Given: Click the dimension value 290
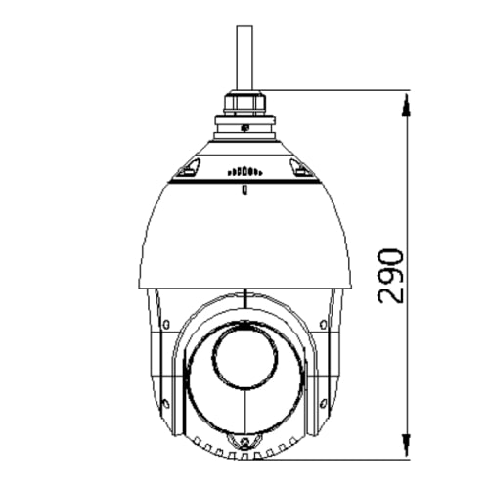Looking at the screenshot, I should [390, 276].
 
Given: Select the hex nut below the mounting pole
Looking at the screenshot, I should [243, 100].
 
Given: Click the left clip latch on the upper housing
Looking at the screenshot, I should [184, 173].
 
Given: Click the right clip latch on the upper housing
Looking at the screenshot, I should [302, 173].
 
